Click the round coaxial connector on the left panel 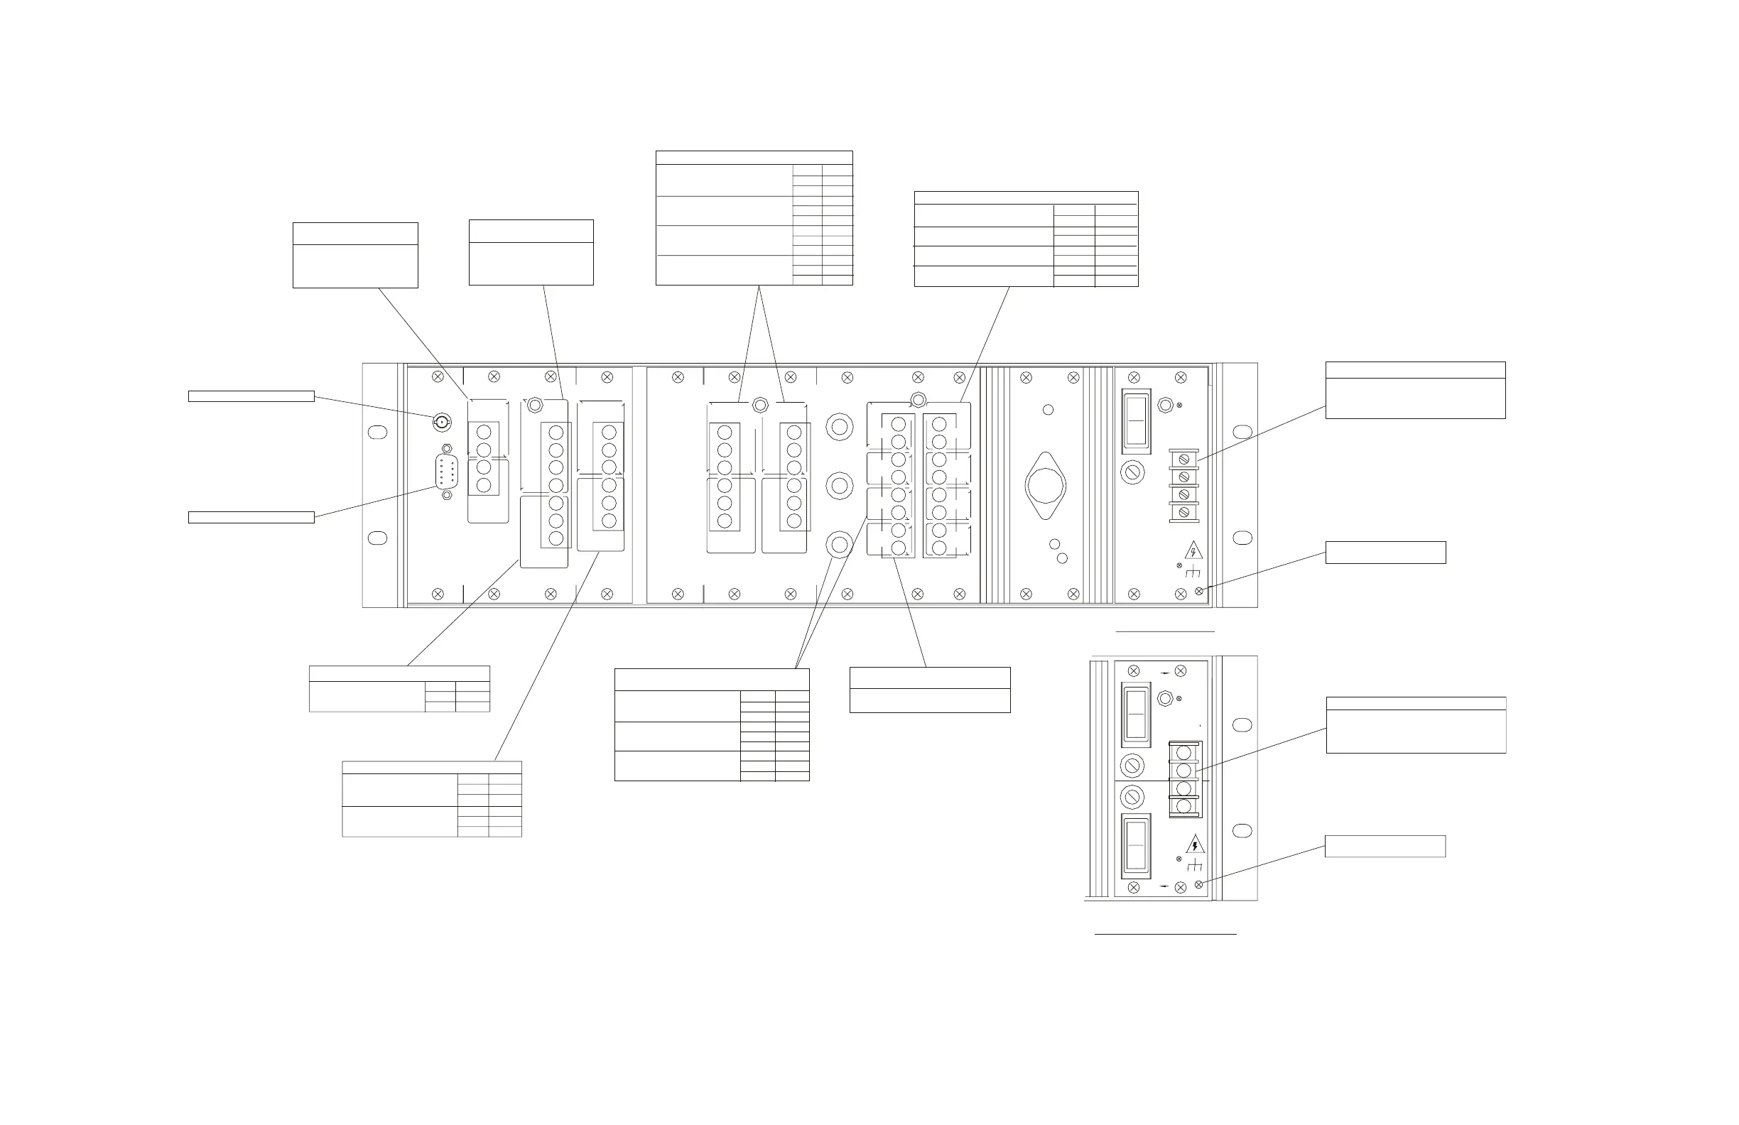441,423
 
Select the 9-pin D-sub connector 446,471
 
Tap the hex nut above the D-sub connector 447,449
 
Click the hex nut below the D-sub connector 447,495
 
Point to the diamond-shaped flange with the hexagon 1046,485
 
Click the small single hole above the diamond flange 1048,410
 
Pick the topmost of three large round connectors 840,427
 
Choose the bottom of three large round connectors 840,544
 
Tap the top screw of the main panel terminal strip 1183,460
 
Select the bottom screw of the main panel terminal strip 1183,512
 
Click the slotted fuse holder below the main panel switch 1132,472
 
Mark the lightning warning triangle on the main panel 1193,550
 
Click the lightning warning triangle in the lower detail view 1195,845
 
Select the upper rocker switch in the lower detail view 1135,712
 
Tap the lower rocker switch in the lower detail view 1135,847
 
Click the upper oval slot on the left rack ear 377,432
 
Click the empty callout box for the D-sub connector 251,517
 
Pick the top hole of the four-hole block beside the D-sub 484,433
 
